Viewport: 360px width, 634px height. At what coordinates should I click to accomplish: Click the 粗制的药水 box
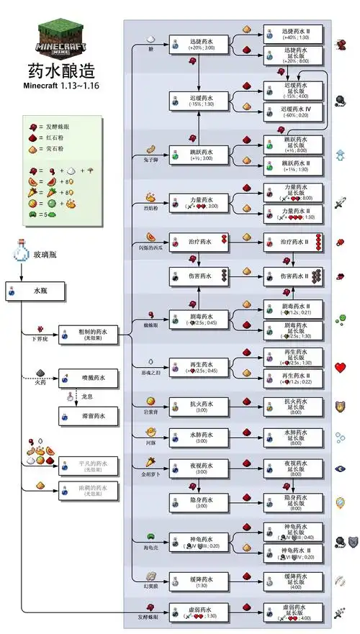pos(87,332)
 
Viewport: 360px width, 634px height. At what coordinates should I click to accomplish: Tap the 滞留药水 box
pos(87,415)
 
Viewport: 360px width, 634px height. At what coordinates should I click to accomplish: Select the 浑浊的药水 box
pos(87,492)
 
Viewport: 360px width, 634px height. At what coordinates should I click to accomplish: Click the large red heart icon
pos(341,368)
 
